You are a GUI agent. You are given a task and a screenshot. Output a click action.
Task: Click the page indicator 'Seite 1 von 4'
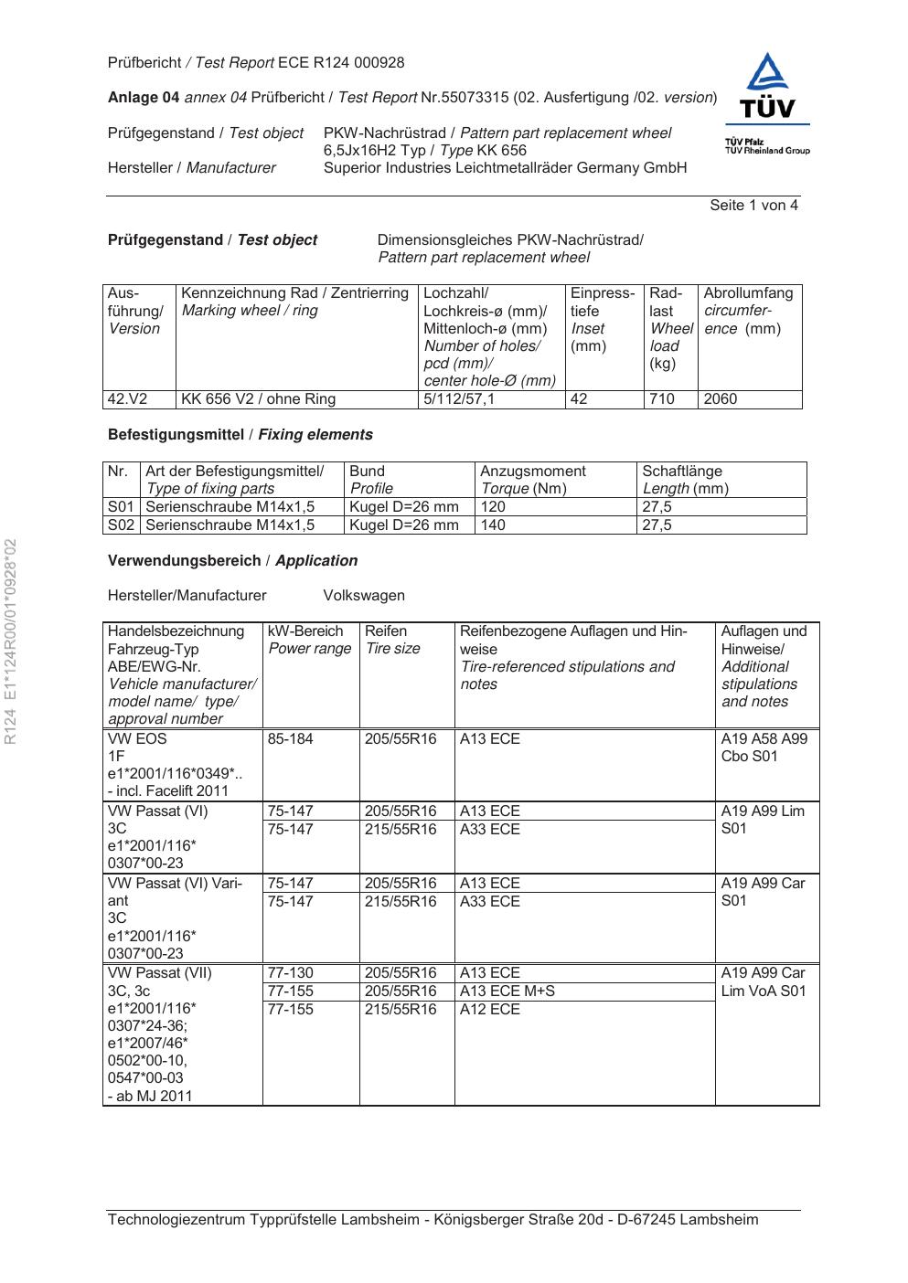(753, 206)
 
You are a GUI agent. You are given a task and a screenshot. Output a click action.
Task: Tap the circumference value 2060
(721, 399)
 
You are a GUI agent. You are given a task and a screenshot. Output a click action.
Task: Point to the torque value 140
(493, 525)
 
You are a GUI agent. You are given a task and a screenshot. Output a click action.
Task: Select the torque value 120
(493, 507)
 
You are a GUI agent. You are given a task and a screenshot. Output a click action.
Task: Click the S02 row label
(121, 525)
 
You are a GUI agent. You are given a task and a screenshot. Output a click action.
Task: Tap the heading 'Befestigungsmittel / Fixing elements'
(240, 435)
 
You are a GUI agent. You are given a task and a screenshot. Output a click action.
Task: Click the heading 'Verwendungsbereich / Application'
(232, 561)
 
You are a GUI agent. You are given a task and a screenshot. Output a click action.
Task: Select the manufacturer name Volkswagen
(364, 596)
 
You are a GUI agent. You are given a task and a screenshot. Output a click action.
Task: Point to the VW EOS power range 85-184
(290, 739)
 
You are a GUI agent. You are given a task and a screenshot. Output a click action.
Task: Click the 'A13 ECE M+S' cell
(507, 991)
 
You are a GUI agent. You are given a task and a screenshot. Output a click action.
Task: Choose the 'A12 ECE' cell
(489, 1010)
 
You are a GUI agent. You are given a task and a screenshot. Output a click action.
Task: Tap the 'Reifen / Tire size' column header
(392, 641)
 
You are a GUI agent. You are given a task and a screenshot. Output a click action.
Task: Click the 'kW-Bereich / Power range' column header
(309, 641)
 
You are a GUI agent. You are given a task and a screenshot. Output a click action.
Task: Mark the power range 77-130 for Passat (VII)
(290, 973)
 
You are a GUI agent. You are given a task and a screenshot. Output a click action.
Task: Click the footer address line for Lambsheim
(433, 1220)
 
